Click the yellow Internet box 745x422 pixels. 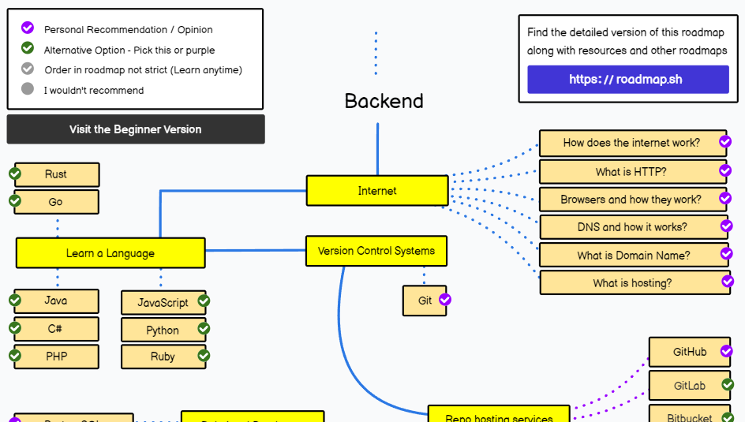[377, 191]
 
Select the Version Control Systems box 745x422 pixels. [376, 251]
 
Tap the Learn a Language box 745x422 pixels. [110, 253]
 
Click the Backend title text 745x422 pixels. [384, 101]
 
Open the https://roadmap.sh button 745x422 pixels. [627, 80]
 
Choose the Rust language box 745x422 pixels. [56, 174]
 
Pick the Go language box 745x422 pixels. [56, 202]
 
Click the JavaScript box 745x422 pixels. [163, 302]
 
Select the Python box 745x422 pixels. [163, 330]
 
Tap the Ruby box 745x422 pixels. [163, 357]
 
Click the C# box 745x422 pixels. [56, 329]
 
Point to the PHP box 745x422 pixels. [56, 357]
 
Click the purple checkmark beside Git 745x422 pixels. [445, 300]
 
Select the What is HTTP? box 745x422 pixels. [631, 172]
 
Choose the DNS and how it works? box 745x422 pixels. [632, 227]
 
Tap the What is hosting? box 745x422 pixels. [633, 283]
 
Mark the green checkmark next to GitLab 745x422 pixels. [728, 385]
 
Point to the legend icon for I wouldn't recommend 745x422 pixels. [28, 89]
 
